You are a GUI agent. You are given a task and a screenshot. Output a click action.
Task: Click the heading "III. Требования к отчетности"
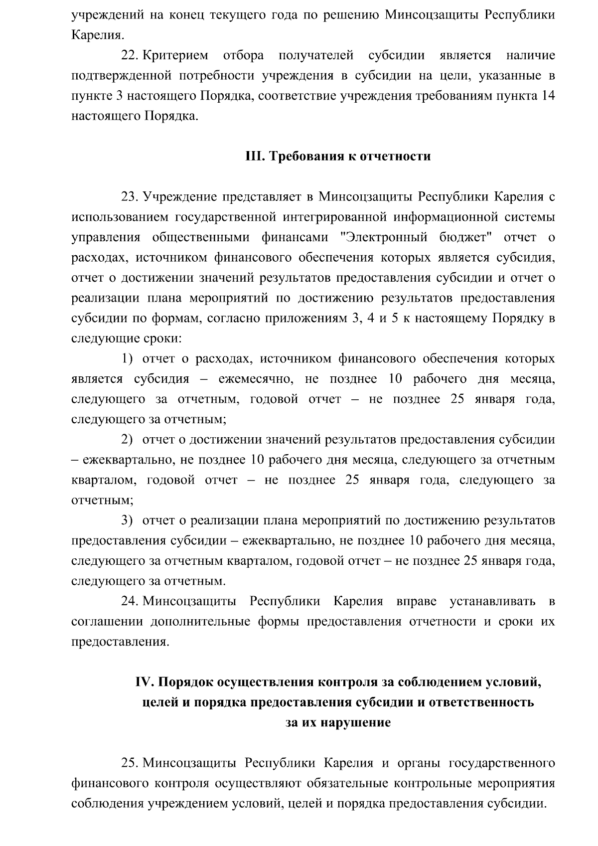[x=338, y=157]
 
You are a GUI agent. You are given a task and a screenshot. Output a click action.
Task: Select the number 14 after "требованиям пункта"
[x=547, y=96]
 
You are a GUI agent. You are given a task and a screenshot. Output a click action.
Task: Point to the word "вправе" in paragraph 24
[x=416, y=602]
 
